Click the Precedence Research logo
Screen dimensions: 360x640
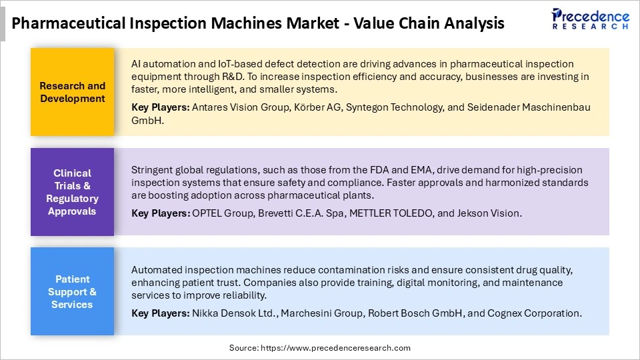(590, 19)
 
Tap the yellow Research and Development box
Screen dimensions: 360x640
(72, 92)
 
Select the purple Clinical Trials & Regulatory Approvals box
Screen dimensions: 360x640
(72, 192)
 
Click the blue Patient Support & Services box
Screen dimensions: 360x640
(72, 291)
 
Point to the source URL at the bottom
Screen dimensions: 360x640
(320, 348)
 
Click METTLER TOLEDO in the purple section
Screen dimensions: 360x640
(385, 213)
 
